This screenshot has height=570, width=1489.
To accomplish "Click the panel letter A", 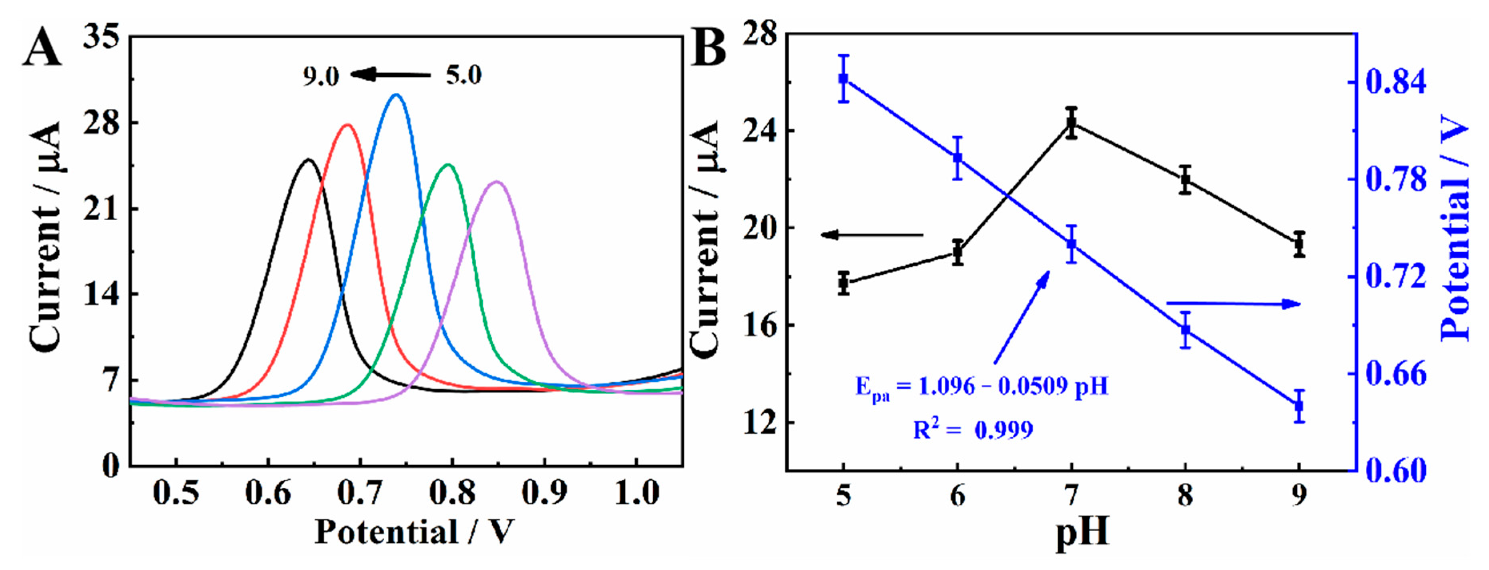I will (x=42, y=48).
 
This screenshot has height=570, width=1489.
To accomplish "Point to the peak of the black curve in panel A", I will (x=309, y=159).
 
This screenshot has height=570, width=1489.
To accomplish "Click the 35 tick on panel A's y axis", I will (x=102, y=38).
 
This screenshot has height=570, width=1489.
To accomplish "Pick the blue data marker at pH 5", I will (x=843, y=78).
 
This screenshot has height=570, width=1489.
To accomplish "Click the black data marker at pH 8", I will (x=1186, y=179).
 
